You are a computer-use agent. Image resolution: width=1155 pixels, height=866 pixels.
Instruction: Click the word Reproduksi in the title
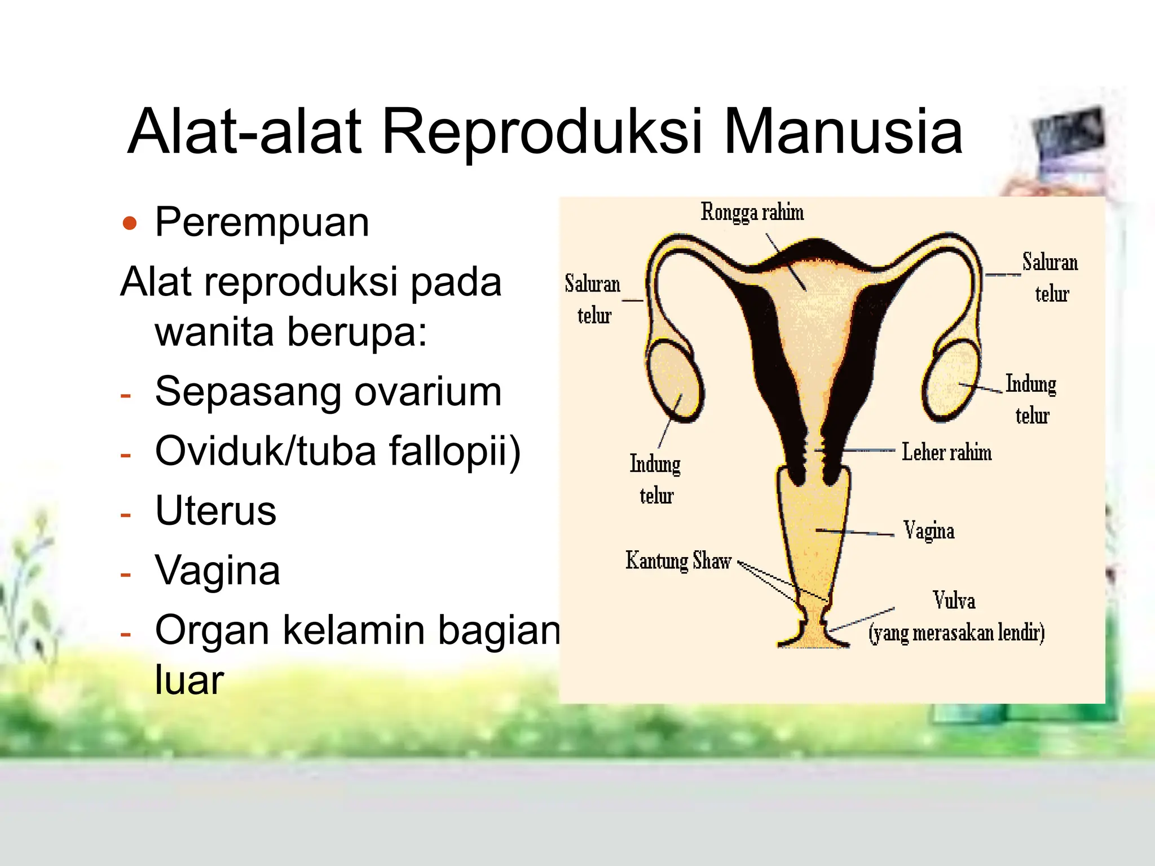(541, 132)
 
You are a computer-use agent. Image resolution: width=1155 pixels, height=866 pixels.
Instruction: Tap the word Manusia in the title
(843, 132)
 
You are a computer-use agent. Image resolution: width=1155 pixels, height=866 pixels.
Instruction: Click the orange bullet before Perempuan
(130, 223)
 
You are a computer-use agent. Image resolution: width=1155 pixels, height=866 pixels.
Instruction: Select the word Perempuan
(262, 222)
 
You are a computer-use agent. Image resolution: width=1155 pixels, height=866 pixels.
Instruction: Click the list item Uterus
(215, 511)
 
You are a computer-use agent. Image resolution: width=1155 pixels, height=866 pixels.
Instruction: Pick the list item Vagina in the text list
(217, 571)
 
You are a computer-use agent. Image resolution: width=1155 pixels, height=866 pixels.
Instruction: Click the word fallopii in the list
(449, 451)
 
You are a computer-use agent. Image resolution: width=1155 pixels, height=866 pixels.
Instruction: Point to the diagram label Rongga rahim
(752, 213)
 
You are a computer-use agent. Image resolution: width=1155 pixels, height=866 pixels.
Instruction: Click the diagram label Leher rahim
(946, 452)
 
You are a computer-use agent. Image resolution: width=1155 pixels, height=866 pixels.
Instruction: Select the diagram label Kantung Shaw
(678, 561)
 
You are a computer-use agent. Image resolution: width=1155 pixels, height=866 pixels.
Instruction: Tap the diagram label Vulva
(954, 600)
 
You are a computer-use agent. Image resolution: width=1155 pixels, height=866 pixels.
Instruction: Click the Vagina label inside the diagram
(928, 531)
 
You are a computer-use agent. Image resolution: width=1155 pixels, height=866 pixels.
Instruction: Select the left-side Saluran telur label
(593, 299)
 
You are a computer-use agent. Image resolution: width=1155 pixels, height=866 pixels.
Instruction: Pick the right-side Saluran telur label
(1050, 277)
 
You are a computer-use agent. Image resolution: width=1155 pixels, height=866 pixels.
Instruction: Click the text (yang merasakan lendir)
(956, 633)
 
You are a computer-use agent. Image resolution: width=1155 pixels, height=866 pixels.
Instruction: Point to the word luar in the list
(189, 680)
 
